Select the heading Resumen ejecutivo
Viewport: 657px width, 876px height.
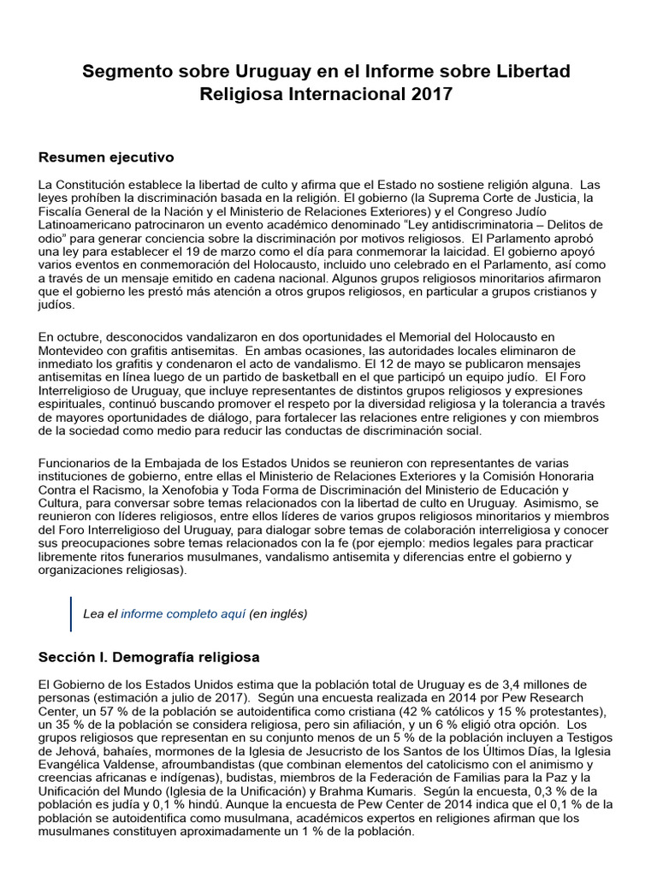[x=106, y=157]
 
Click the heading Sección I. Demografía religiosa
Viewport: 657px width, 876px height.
[x=149, y=657]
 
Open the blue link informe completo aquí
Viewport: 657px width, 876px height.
[x=183, y=613]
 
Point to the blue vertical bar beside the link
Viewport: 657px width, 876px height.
[x=71, y=613]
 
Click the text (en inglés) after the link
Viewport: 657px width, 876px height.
[x=278, y=613]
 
